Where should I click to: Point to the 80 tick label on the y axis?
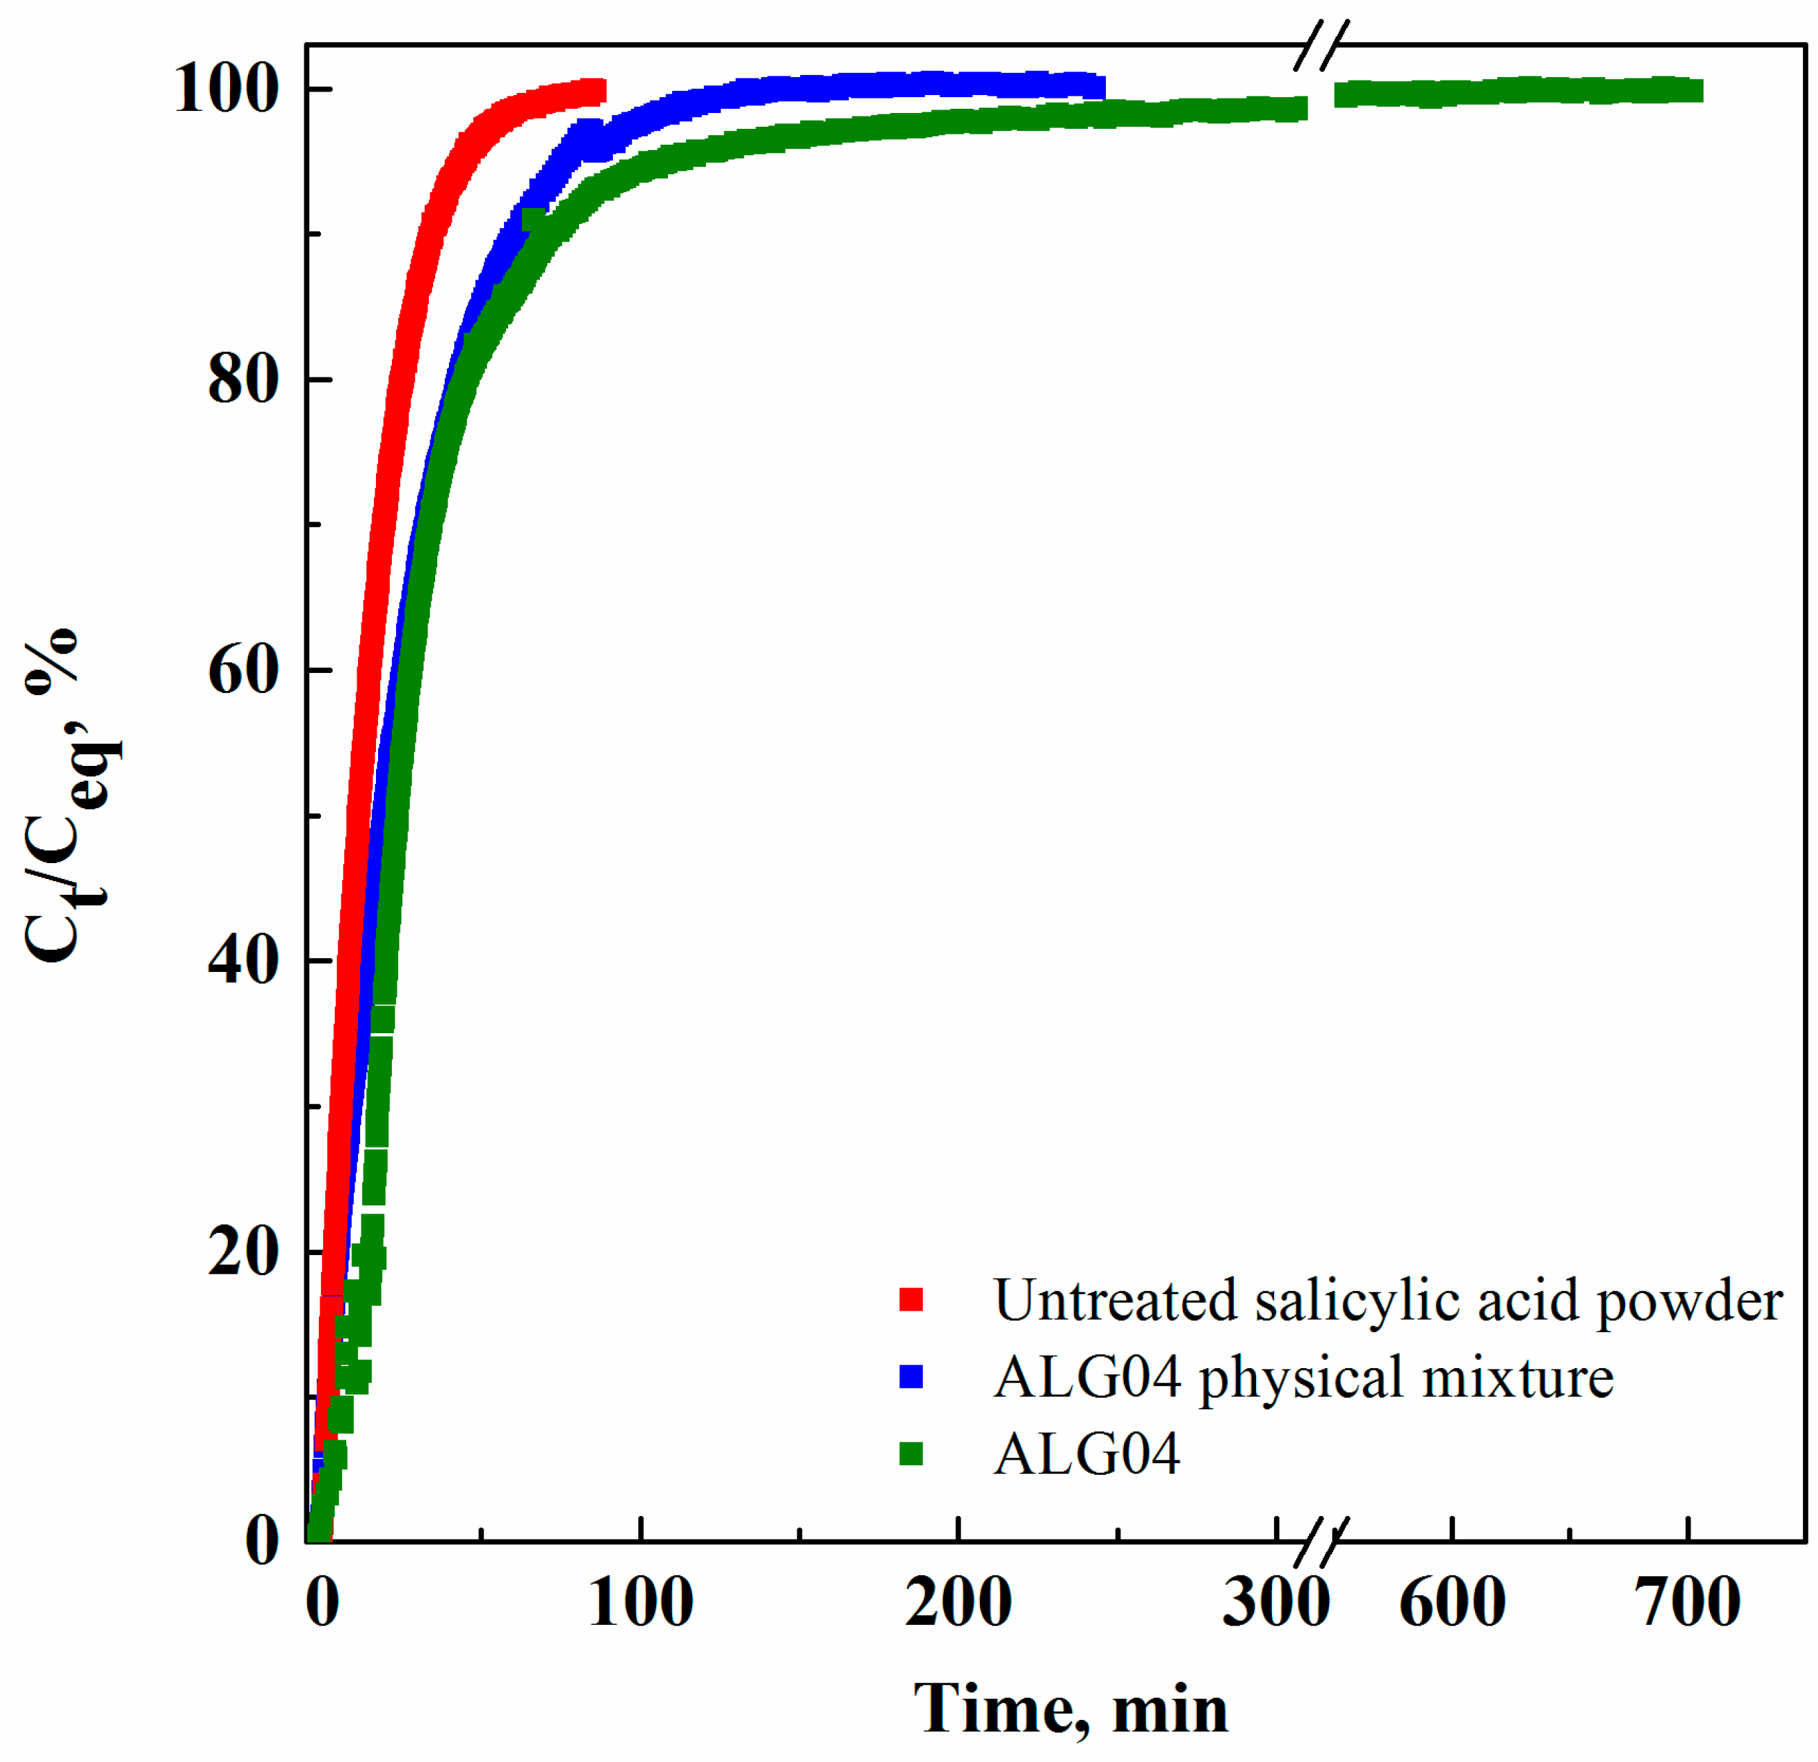coord(243,380)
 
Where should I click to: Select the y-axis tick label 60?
coord(243,670)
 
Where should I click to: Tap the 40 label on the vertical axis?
coord(243,960)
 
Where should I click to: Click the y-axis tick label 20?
coord(243,1252)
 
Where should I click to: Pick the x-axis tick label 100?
coord(640,1602)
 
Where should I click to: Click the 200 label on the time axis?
coord(958,1602)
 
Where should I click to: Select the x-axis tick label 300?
coord(1275,1602)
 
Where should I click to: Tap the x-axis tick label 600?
coord(1452,1602)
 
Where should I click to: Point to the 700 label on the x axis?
coord(1687,1602)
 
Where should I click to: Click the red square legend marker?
coord(912,1300)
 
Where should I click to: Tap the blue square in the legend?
coord(912,1377)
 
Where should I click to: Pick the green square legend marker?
coord(912,1454)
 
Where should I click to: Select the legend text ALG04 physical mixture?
coord(1303,1377)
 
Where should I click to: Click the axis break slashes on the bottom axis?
coord(1321,1542)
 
